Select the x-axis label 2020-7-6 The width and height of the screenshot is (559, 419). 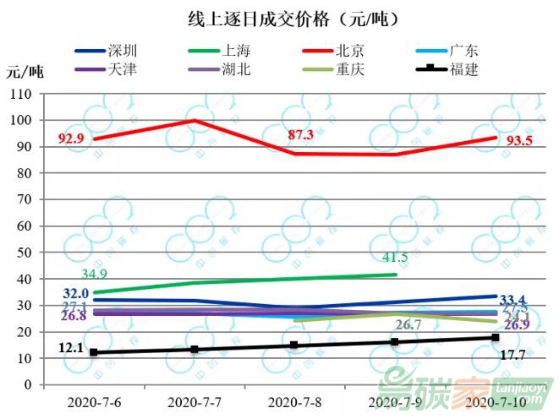point(94,401)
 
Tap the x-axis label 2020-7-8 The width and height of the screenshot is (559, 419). point(293,401)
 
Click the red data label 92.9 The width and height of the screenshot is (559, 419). point(74,138)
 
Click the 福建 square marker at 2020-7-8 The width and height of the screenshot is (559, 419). point(294,345)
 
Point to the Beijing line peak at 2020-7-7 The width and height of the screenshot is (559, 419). point(195,121)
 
